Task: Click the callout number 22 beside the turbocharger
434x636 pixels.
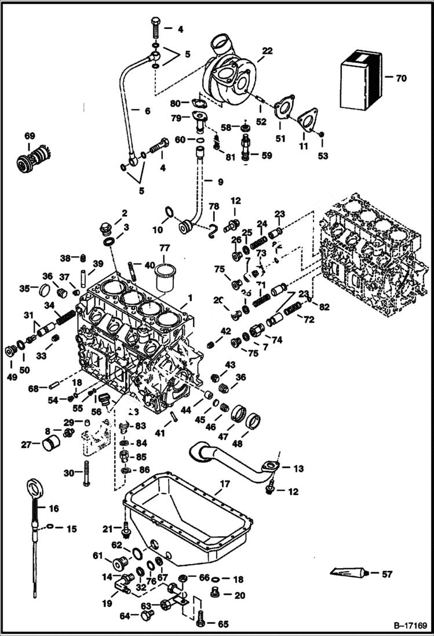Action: pyautogui.click(x=267, y=52)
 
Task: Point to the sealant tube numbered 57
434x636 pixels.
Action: pyautogui.click(x=349, y=573)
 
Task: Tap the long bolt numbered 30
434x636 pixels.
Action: pyautogui.click(x=86, y=473)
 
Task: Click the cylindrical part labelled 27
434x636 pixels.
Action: pyautogui.click(x=52, y=445)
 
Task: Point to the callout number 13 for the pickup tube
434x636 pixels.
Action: pyautogui.click(x=298, y=468)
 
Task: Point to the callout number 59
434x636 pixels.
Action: pyautogui.click(x=267, y=155)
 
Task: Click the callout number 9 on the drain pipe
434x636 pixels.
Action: pyautogui.click(x=220, y=182)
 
